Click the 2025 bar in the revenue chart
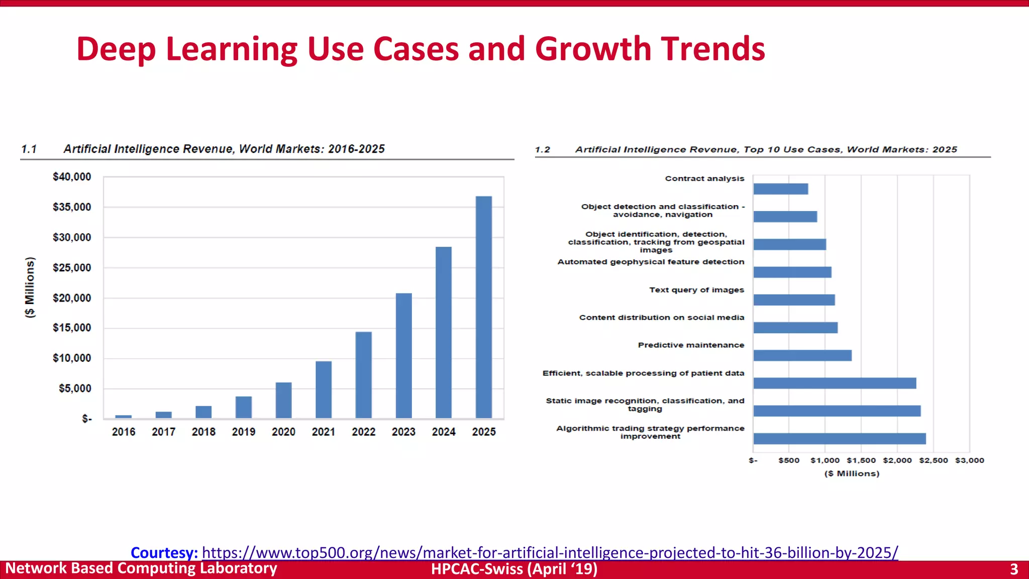pyautogui.click(x=483, y=307)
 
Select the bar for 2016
pyautogui.click(x=124, y=417)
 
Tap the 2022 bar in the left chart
pyautogui.click(x=363, y=374)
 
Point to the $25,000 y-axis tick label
pyautogui.click(x=72, y=268)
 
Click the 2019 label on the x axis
pyautogui.click(x=243, y=432)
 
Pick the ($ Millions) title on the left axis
pyautogui.click(x=30, y=287)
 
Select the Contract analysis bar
pyautogui.click(x=780, y=189)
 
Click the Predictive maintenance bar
pyautogui.click(x=802, y=355)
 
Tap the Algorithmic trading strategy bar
pyautogui.click(x=839, y=438)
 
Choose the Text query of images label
pyautogui.click(x=696, y=290)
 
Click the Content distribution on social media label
pyautogui.click(x=661, y=318)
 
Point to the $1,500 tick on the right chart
pyautogui.click(x=861, y=460)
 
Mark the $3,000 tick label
pyautogui.click(x=969, y=460)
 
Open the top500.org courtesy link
pyautogui.click(x=550, y=552)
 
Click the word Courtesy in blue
pyautogui.click(x=164, y=552)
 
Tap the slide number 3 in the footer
pyautogui.click(x=1013, y=569)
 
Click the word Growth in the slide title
pyautogui.click(x=593, y=49)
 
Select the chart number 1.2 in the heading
pyautogui.click(x=542, y=150)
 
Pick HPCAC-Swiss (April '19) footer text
pyautogui.click(x=514, y=569)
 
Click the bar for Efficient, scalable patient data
pyautogui.click(x=834, y=383)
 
